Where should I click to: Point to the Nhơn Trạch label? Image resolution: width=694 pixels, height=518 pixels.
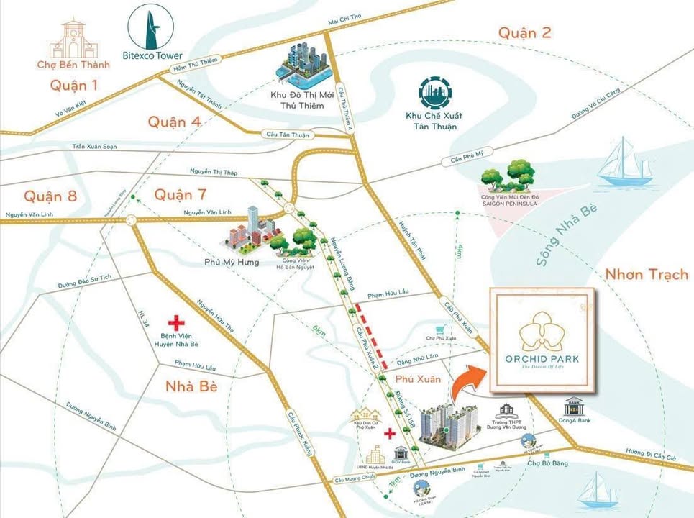pyautogui.click(x=647, y=274)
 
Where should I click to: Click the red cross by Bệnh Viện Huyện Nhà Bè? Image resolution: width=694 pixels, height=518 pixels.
pyautogui.click(x=173, y=324)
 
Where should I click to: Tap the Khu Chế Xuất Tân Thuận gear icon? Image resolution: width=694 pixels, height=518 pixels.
pyautogui.click(x=432, y=94)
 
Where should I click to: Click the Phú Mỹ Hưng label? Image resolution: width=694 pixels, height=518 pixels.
pyautogui.click(x=231, y=262)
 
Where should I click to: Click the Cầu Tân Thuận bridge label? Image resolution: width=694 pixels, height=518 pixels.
pyautogui.click(x=286, y=134)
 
